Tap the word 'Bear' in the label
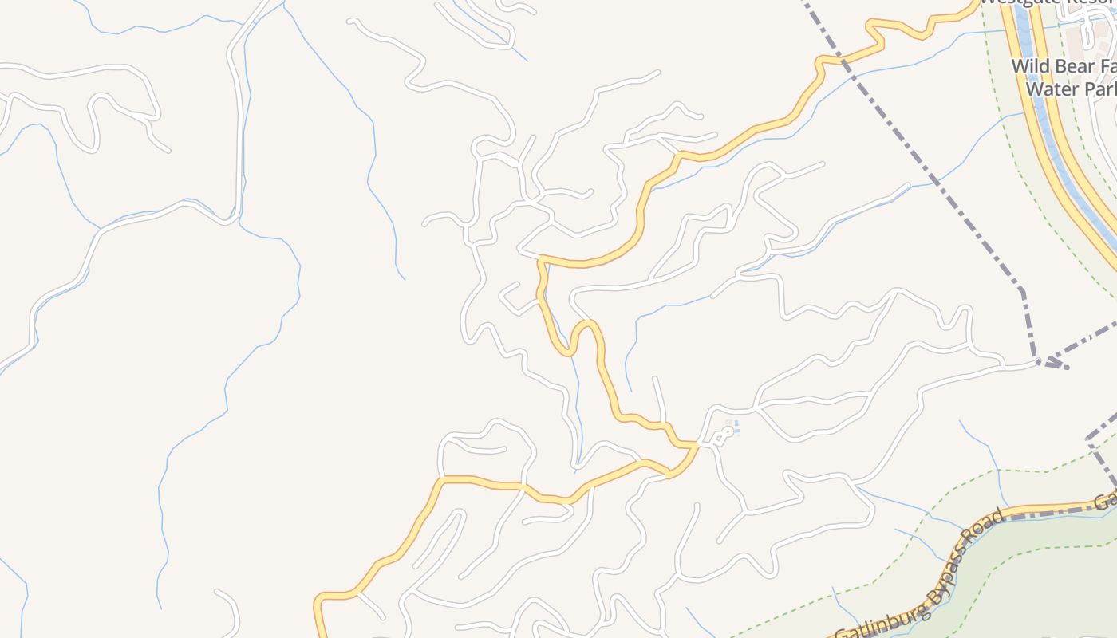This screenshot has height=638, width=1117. coord(1073,66)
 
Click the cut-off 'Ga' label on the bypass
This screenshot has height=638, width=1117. coord(1105,501)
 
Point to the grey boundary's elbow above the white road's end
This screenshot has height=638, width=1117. coord(1022,291)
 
